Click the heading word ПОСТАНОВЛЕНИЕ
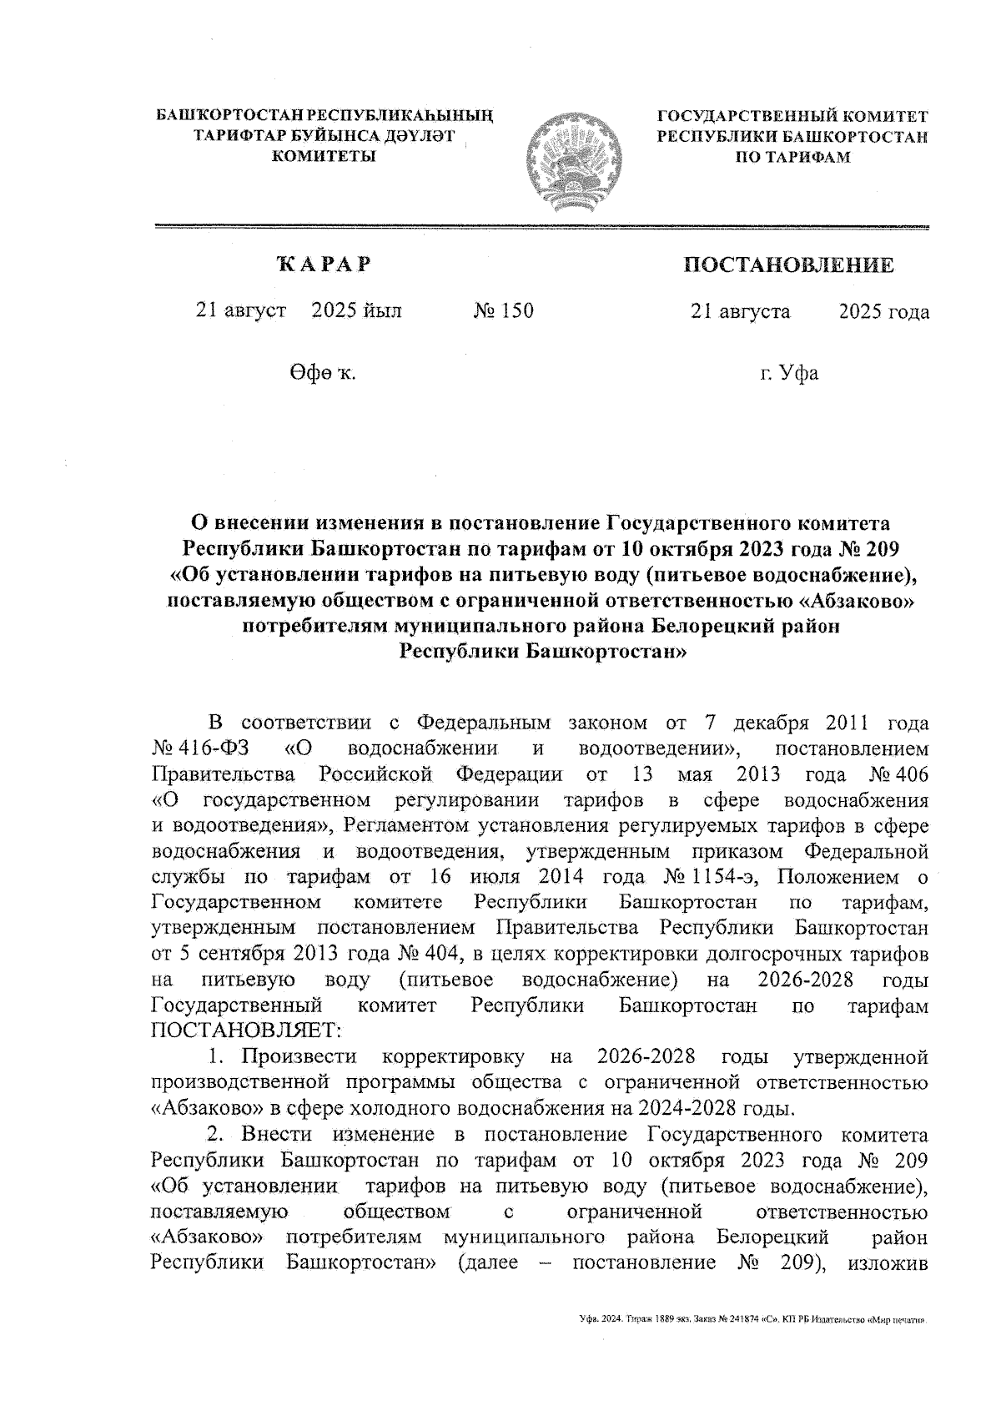tap(788, 265)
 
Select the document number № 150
tap(503, 311)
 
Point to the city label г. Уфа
tap(788, 373)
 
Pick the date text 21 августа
tap(740, 311)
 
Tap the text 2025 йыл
tap(356, 311)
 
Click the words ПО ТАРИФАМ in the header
tap(792, 157)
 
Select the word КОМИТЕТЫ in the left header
tap(324, 157)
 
